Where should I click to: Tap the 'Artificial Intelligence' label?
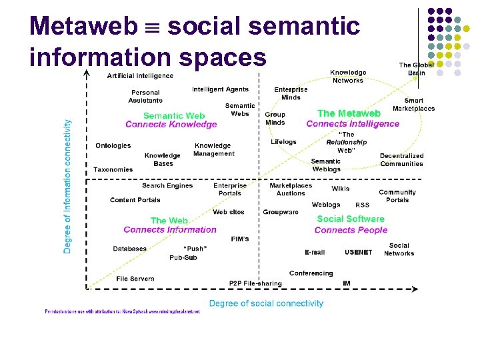tap(140, 76)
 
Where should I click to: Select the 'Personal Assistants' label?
tap(145, 97)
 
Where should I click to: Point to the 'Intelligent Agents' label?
tap(220, 89)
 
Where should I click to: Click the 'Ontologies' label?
tap(113, 145)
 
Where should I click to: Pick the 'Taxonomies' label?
tap(113, 169)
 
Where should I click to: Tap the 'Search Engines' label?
tap(167, 185)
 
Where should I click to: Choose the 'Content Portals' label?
tap(135, 200)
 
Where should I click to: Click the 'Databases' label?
tap(130, 249)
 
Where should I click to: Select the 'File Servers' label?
tap(135, 279)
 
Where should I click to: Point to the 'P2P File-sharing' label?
tap(255, 283)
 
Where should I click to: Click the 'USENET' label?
tap(359, 252)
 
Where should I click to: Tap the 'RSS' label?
tap(362, 205)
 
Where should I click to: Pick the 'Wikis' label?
tap(340, 189)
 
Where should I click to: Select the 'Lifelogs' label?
tap(283, 142)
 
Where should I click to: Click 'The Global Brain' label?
tap(416, 69)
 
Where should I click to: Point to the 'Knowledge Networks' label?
tap(348, 76)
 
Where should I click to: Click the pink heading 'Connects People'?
tap(351, 230)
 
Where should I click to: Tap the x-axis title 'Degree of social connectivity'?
tap(266, 303)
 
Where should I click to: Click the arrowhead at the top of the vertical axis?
tap(87, 73)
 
